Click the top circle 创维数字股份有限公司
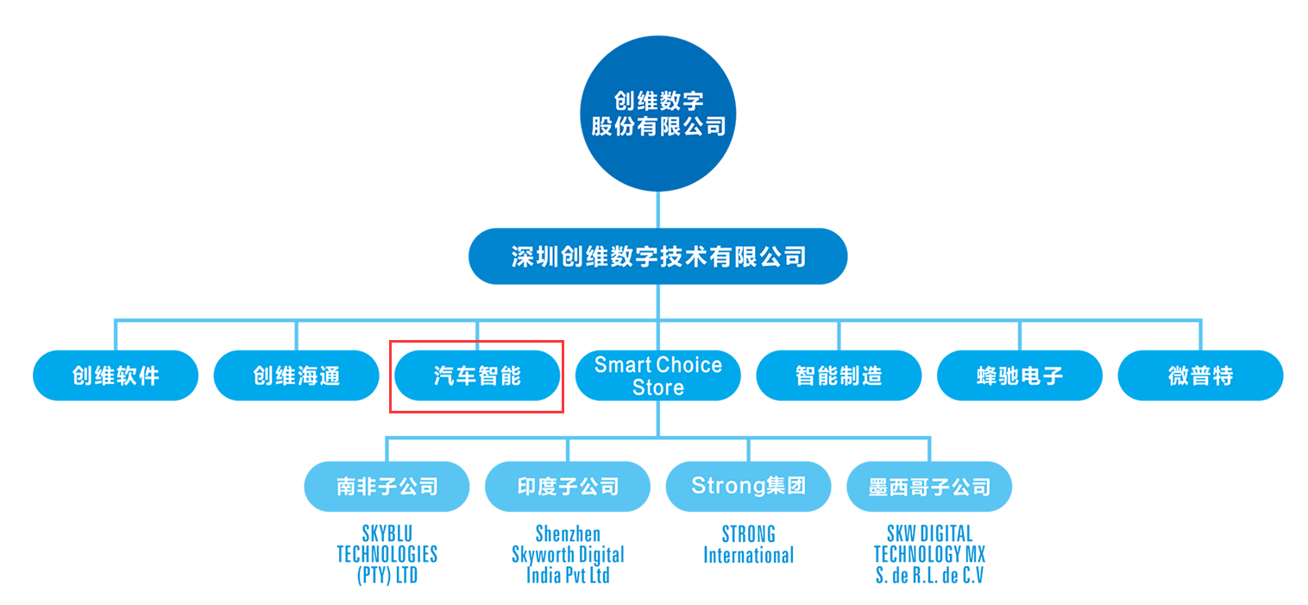pyautogui.click(x=657, y=113)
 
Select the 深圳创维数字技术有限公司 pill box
pyautogui.click(x=657, y=256)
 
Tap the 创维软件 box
pyautogui.click(x=116, y=375)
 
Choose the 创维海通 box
pyautogui.click(x=296, y=375)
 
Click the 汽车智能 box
pyautogui.click(x=477, y=375)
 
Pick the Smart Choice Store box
pyautogui.click(x=657, y=375)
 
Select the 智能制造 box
pyautogui.click(x=839, y=375)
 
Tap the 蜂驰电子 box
pyautogui.click(x=1019, y=375)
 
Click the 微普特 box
pyautogui.click(x=1200, y=375)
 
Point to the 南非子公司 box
pyautogui.click(x=387, y=487)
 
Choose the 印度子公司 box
pyautogui.click(x=568, y=487)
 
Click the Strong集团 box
pyautogui.click(x=748, y=487)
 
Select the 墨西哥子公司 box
pyautogui.click(x=929, y=487)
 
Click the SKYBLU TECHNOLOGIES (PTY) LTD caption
pyautogui.click(x=387, y=554)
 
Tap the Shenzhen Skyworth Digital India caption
pyautogui.click(x=568, y=554)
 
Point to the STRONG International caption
pyautogui.click(x=748, y=545)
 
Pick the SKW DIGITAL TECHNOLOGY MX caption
pyautogui.click(x=929, y=554)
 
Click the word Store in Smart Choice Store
pyautogui.click(x=657, y=388)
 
